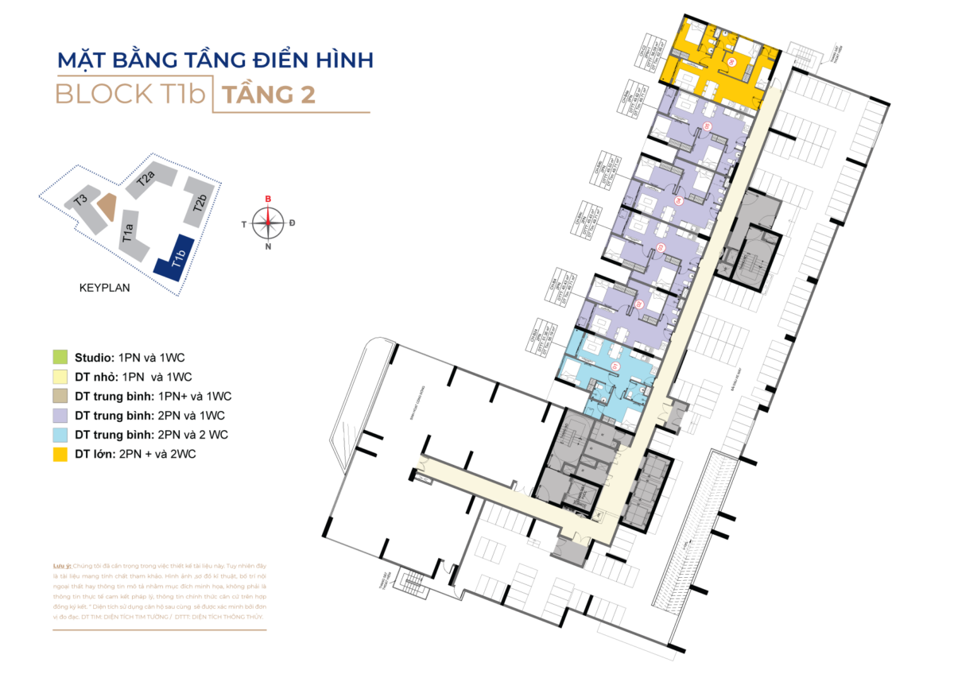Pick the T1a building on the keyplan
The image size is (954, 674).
131,234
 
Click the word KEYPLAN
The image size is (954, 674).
105,289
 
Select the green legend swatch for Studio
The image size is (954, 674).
60,356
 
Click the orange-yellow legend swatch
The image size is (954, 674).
60,455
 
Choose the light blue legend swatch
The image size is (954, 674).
60,436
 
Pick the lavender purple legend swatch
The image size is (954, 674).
60,416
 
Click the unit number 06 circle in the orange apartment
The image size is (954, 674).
735,60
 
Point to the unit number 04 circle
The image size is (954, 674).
678,202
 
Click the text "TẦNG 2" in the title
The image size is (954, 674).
268,95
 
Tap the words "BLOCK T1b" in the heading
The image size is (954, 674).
130,95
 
